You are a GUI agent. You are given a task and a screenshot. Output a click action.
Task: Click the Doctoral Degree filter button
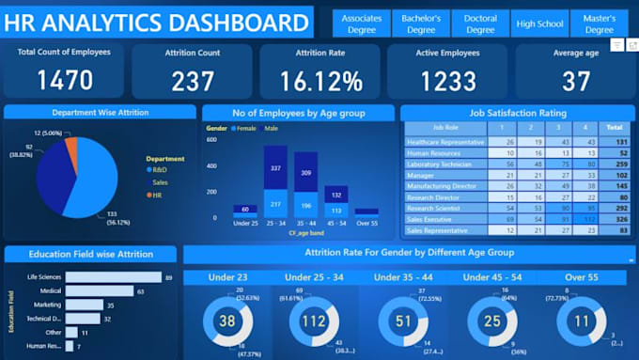coord(480,23)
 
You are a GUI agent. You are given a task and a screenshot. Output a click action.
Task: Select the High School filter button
coord(539,23)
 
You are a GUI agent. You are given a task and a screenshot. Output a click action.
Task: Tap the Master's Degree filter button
coord(599,23)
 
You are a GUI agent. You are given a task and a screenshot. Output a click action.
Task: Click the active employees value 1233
coord(446,81)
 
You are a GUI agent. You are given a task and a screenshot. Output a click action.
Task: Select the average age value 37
coord(576,81)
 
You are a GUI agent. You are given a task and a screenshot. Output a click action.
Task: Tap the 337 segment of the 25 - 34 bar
coord(275,168)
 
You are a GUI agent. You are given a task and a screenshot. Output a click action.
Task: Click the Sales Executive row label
coord(430,217)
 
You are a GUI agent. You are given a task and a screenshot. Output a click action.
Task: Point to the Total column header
coord(615,126)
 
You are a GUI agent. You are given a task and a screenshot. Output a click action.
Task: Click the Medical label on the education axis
coord(50,291)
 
